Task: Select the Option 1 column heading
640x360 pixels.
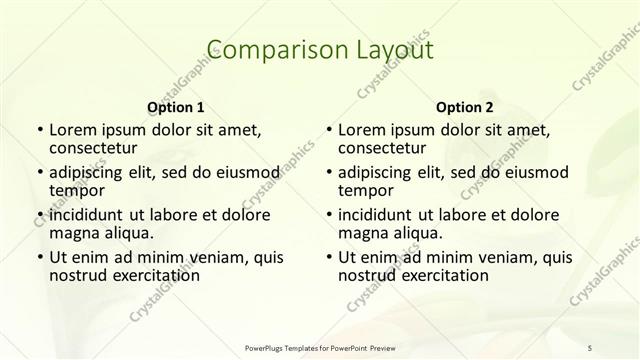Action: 176,106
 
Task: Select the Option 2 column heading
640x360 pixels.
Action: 464,106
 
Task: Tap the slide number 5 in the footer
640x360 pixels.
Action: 590,347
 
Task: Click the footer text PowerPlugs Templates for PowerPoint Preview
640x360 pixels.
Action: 320,347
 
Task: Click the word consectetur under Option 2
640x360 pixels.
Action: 383,149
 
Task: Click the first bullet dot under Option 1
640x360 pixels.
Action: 39,130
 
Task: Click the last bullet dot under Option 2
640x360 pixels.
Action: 328,257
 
